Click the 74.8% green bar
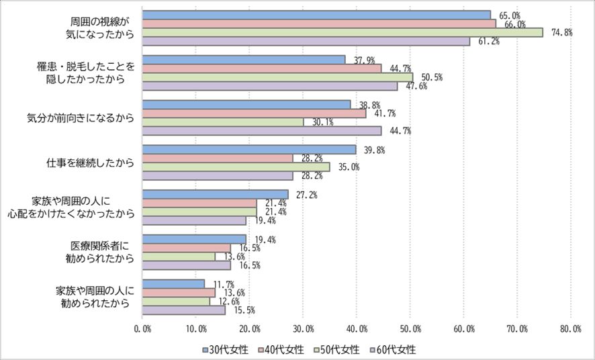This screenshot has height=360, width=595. pos(342,32)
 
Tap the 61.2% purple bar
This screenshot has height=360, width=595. pos(306,41)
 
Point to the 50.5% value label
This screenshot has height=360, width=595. pos(431,77)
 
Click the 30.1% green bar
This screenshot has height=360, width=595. pos(223,122)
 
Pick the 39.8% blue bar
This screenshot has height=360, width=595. pos(249,149)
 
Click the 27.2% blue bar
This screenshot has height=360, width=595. pos(215,194)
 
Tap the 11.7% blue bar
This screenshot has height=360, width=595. pos(173,284)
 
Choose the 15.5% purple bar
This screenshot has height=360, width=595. pos(183,310)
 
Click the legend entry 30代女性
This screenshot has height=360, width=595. pos(225,349)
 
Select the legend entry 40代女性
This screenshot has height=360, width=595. pos(281,349)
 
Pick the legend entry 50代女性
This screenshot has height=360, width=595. pos(337,349)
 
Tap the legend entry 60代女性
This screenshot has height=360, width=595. pos(393,349)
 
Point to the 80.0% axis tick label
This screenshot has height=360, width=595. pos(571,329)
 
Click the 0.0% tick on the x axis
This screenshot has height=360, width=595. pos(142,329)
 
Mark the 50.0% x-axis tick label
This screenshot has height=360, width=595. pos(410,329)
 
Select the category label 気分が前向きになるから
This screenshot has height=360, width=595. pos(81,118)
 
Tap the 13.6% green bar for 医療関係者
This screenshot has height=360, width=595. pos(179,257)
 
